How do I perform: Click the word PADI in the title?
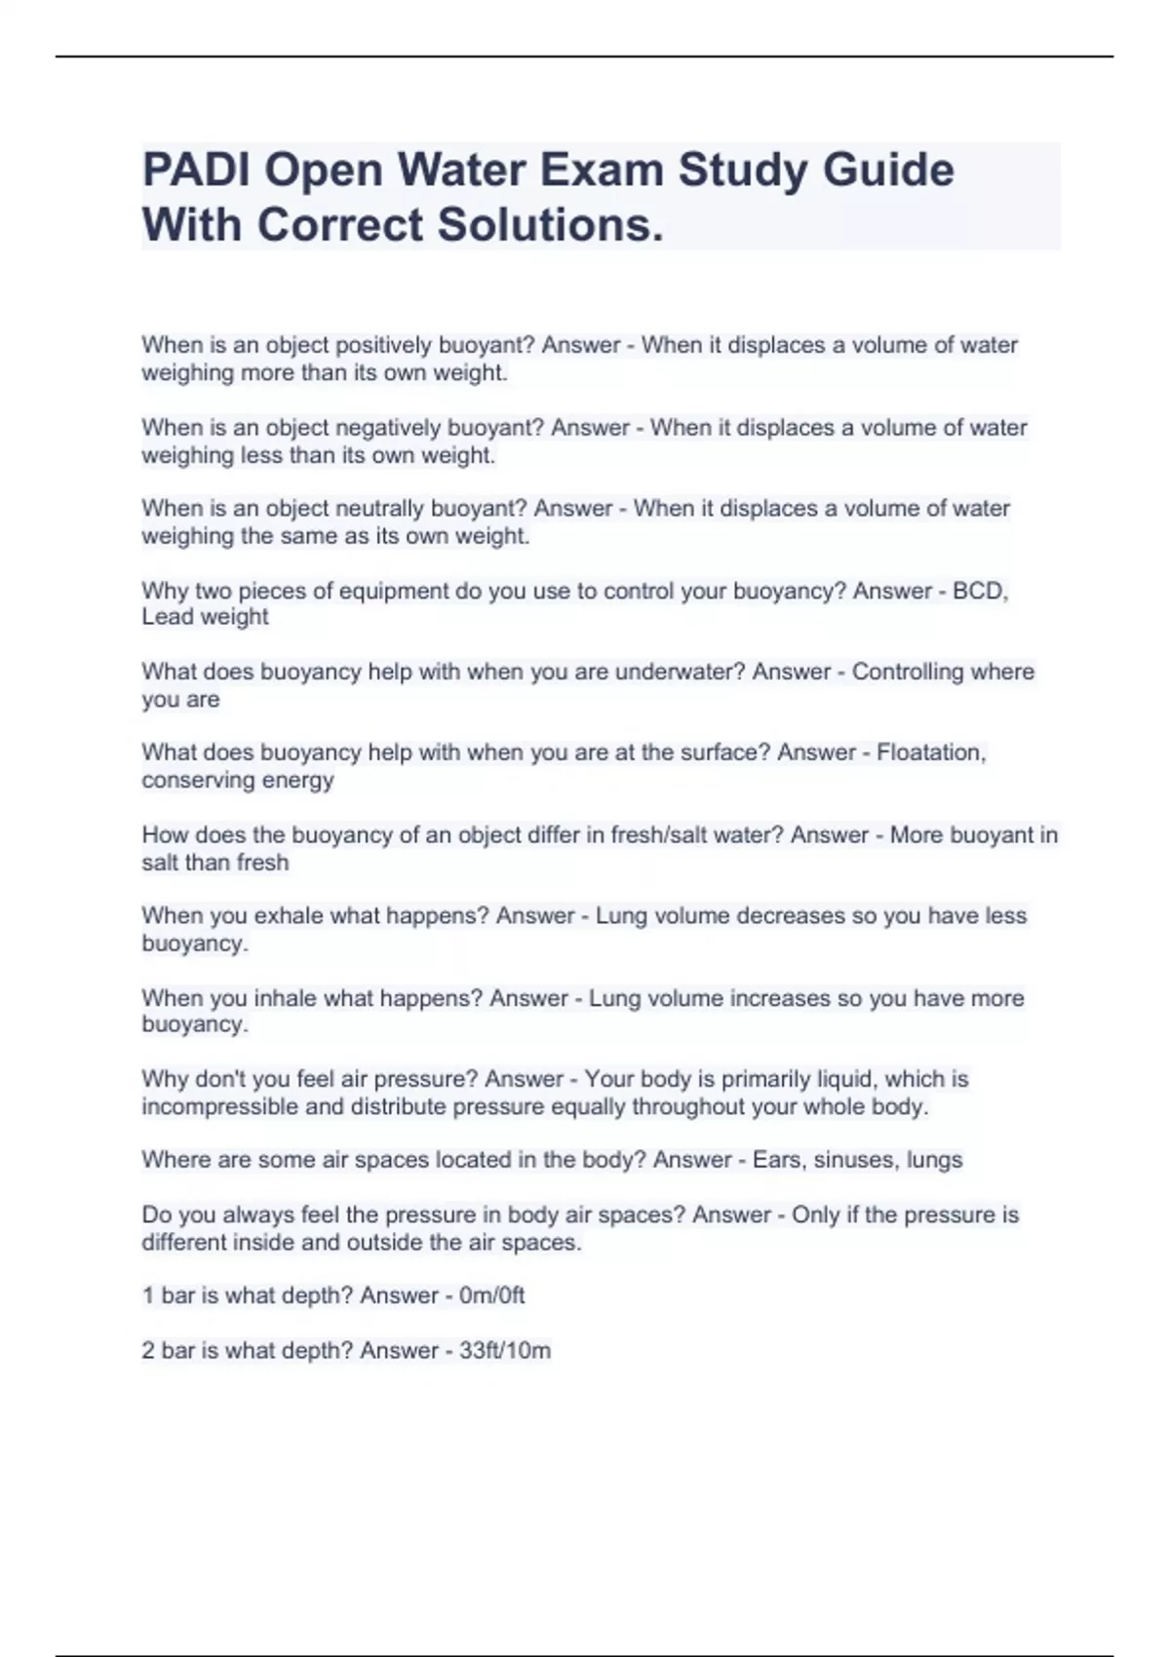(196, 171)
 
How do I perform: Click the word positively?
(384, 345)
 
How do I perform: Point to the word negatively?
(388, 428)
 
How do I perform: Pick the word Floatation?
(931, 752)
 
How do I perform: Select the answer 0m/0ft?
(491, 1295)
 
